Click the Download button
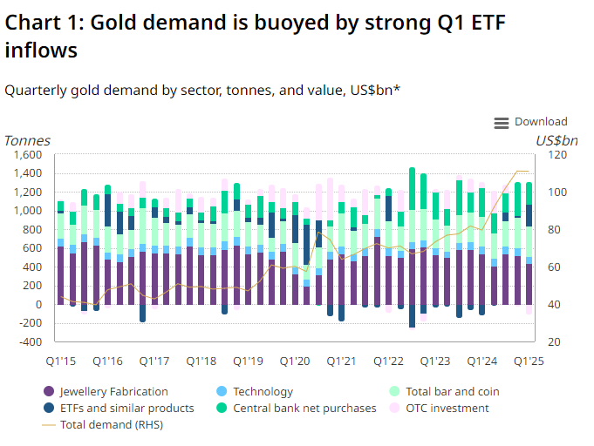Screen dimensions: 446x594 click(540, 122)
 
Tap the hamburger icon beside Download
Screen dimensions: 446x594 click(502, 123)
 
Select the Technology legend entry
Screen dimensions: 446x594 click(263, 392)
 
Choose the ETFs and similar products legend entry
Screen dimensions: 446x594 click(126, 408)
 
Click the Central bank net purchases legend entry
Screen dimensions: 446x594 click(304, 408)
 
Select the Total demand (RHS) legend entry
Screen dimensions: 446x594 click(111, 424)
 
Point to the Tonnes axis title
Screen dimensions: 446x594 click(27, 140)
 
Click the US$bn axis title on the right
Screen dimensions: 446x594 click(556, 140)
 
